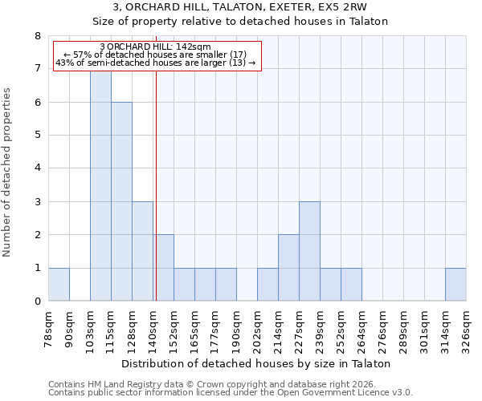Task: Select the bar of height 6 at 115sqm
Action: click(x=121, y=201)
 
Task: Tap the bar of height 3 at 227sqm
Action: click(x=309, y=251)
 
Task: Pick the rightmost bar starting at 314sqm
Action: click(x=455, y=284)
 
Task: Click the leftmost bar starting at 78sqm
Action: click(x=59, y=284)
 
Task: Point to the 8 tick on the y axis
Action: click(x=37, y=36)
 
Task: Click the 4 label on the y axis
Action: click(x=37, y=168)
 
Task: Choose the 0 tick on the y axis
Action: click(x=37, y=302)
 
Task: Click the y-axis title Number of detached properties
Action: click(x=9, y=172)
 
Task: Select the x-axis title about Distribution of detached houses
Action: click(x=257, y=363)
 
